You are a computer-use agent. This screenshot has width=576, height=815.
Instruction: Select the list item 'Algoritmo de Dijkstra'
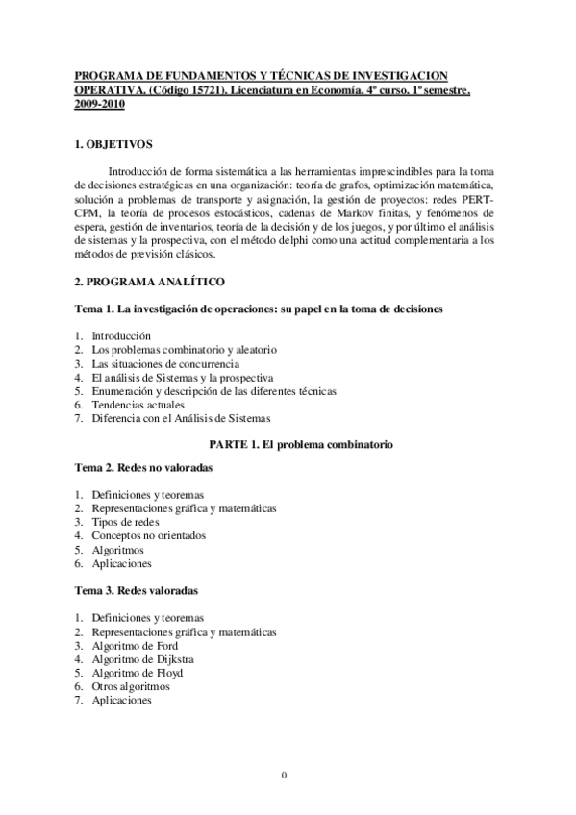click(x=137, y=659)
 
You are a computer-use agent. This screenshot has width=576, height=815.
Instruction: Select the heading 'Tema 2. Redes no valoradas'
click(x=143, y=466)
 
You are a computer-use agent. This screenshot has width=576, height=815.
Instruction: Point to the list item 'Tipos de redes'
click(x=125, y=521)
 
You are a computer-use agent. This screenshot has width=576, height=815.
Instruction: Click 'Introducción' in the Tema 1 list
click(x=121, y=336)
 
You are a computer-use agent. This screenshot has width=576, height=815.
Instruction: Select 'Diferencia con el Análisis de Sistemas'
click(x=182, y=418)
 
